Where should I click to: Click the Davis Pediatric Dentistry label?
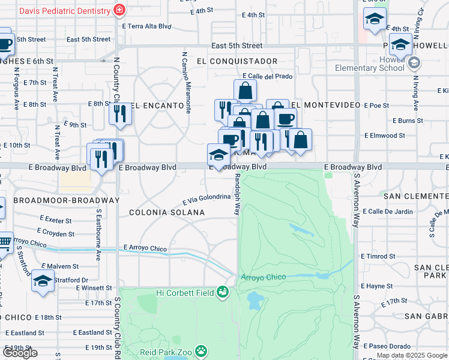click(65, 11)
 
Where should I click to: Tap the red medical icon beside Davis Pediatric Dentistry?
click(120, 11)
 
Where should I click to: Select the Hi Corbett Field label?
click(185, 292)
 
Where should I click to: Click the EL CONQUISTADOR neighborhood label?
click(237, 61)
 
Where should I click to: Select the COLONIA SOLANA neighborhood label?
click(167, 212)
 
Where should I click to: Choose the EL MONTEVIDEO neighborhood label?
click(328, 105)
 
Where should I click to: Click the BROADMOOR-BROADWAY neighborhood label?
click(66, 200)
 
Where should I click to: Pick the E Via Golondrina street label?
click(206, 199)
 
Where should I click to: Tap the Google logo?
click(20, 353)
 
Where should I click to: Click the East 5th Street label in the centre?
click(237, 46)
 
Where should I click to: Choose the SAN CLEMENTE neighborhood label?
click(416, 196)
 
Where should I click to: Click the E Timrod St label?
click(378, 256)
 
